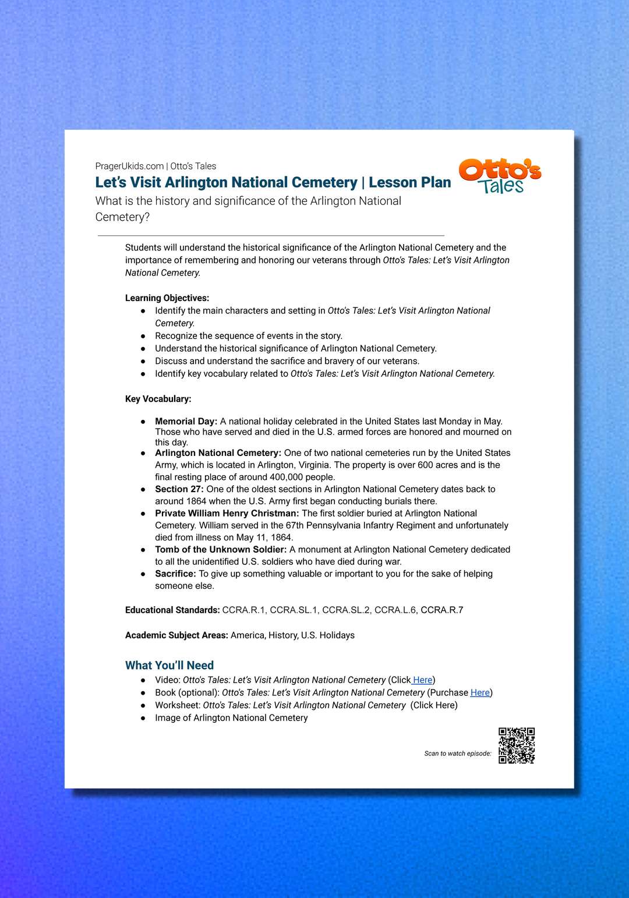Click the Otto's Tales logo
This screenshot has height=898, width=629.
point(500,176)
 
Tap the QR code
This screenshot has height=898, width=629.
point(517,745)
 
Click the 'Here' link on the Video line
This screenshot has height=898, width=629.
point(422,680)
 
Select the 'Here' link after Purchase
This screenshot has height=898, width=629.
point(480,692)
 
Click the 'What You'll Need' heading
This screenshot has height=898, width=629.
point(169,665)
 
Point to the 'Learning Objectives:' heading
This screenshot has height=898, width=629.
point(167,298)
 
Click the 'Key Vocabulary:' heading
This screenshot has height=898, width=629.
point(158,399)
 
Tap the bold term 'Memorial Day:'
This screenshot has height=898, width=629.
point(186,421)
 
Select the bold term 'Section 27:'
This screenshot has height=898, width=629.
point(179,489)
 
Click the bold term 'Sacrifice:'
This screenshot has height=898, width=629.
point(176,574)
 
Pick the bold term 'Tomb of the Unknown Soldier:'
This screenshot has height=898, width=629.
point(221,549)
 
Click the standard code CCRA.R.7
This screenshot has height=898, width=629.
point(442,610)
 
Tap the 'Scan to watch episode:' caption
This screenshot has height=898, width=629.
point(458,754)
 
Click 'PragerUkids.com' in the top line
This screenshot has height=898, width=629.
point(129,166)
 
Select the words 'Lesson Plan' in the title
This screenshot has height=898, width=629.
point(410,182)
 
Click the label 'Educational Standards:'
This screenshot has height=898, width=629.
point(172,610)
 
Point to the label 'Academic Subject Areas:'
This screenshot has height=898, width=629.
point(176,635)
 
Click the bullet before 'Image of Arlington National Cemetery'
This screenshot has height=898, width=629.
point(143,719)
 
